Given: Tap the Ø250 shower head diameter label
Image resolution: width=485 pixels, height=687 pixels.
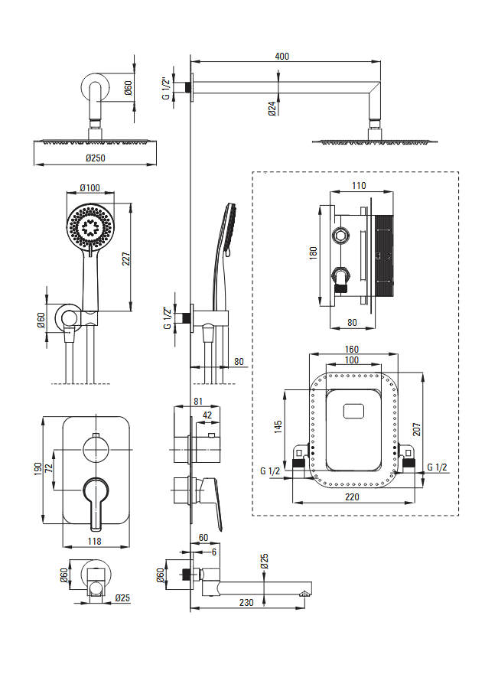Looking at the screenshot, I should point(95,158).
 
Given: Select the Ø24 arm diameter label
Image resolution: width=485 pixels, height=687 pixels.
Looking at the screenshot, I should point(272,109).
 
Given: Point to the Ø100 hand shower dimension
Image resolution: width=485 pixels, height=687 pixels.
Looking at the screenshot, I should point(90,188).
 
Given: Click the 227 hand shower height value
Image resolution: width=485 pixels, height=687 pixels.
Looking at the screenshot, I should point(127,260).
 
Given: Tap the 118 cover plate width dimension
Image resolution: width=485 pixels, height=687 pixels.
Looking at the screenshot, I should point(95,541).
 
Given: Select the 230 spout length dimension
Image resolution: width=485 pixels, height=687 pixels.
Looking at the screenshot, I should point(246,603).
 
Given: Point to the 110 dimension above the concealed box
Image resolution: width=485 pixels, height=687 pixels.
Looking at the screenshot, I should point(359,185).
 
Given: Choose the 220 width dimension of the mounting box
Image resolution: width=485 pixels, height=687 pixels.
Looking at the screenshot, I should point(351,497).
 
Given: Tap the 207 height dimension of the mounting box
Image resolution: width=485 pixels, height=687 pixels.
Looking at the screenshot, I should point(418,428).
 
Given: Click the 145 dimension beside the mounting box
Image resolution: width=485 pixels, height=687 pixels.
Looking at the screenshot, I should point(278,424).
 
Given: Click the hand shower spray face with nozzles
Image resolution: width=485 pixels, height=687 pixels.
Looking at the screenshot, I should point(90,226).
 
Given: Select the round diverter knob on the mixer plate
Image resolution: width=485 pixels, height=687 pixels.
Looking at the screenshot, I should point(95,448).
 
